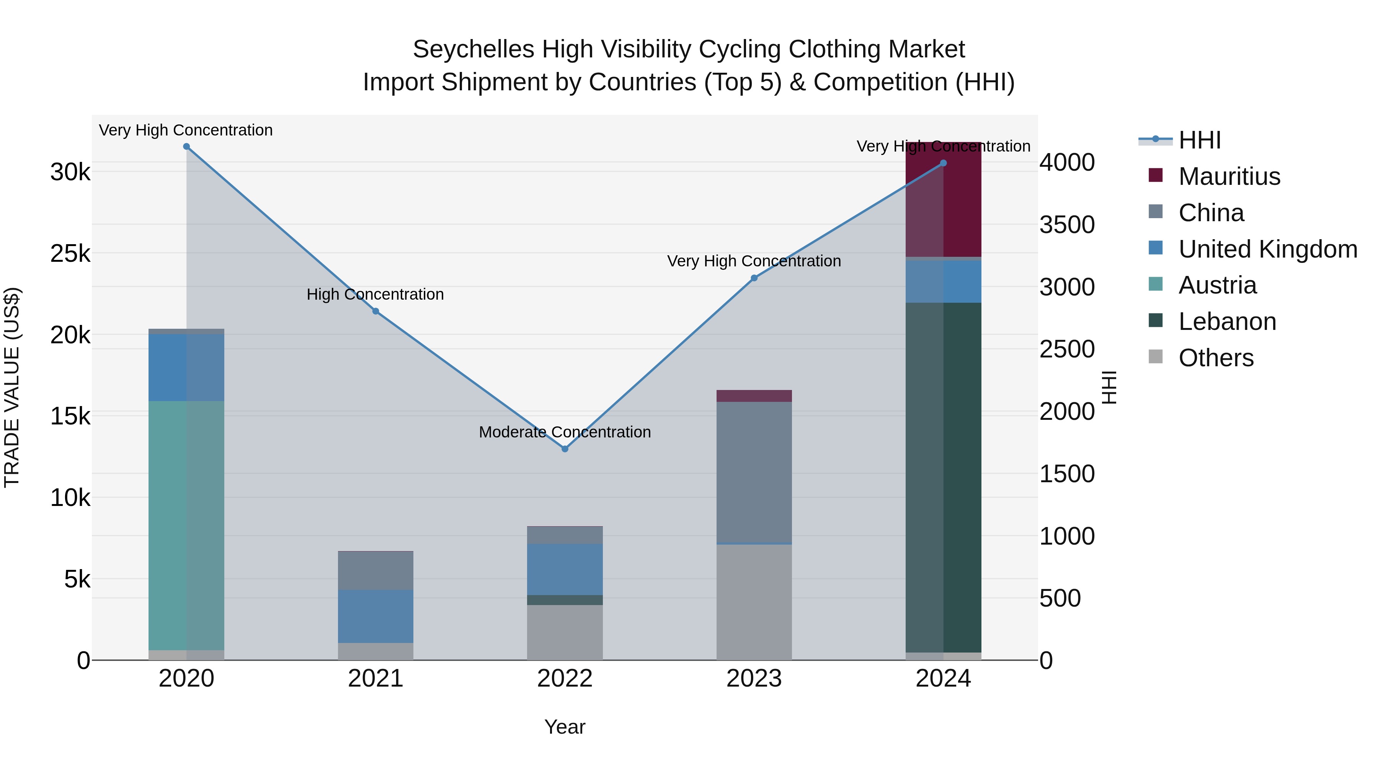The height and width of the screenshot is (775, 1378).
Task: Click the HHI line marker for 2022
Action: [565, 449]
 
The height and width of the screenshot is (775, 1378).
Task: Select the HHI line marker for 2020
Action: [186, 147]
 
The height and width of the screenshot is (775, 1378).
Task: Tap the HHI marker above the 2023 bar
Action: [754, 278]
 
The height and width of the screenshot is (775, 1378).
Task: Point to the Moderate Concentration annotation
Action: [565, 432]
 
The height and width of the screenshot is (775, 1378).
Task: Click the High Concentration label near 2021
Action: [376, 295]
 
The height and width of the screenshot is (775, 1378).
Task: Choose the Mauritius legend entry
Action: [1229, 176]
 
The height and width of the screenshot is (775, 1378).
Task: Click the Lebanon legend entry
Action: [1227, 321]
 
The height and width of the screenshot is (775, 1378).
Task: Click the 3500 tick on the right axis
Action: [1067, 225]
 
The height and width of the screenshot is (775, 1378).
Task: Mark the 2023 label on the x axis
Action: [754, 679]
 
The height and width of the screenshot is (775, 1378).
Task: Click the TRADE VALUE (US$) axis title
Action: [12, 387]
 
